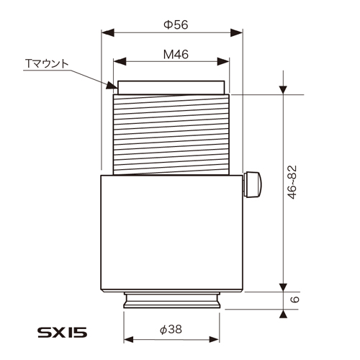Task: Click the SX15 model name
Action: pyautogui.click(x=62, y=335)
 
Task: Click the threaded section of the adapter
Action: pyautogui.click(x=171, y=135)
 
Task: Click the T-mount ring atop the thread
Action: pyautogui.click(x=171, y=88)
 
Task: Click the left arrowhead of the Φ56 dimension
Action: pyautogui.click(x=104, y=33)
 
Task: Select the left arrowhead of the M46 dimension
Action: pyautogui.click(x=117, y=60)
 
